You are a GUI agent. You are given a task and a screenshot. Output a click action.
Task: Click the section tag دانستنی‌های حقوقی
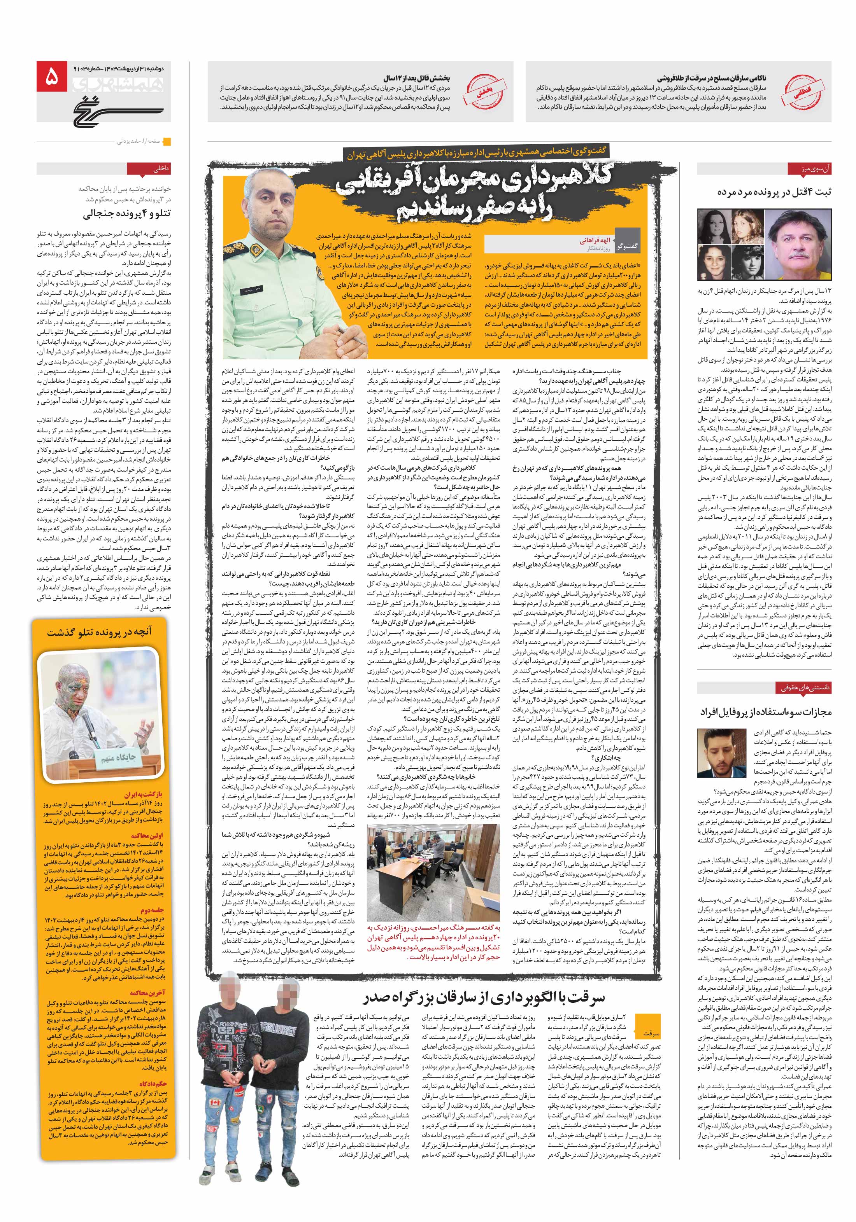(x=805, y=688)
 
